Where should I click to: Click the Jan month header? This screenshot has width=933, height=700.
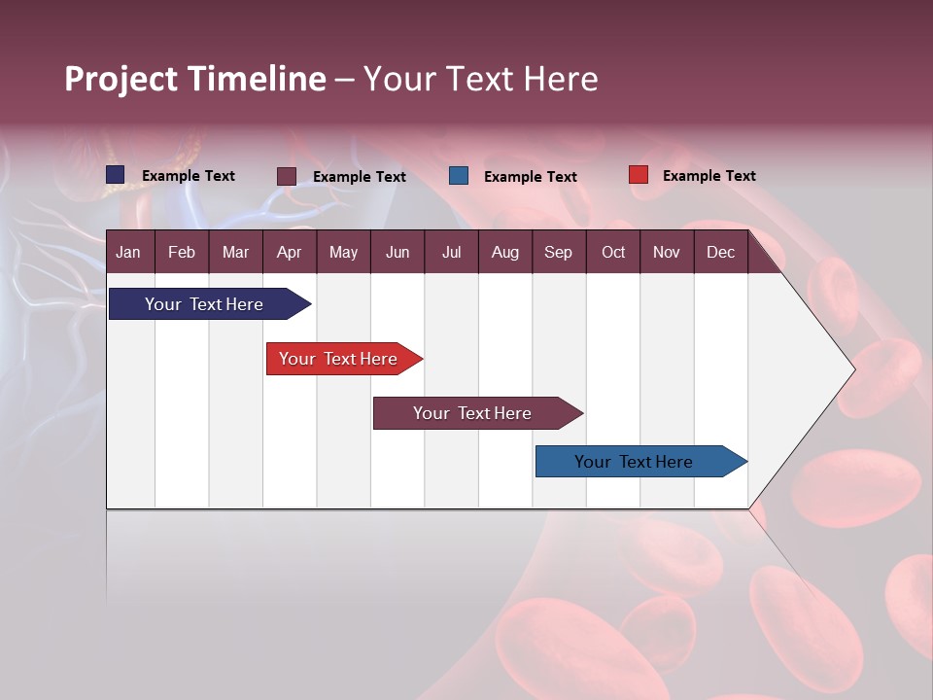[x=129, y=252]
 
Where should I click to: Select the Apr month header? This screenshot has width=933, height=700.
[x=289, y=252]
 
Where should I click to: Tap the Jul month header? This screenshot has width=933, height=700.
[x=451, y=252]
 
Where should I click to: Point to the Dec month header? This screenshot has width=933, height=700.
[x=720, y=252]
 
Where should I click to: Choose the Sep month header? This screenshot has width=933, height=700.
[x=558, y=252]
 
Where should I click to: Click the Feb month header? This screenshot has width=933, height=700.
[x=182, y=252]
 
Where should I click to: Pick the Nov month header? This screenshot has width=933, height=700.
[x=666, y=252]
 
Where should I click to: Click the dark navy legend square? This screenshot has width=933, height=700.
[x=116, y=175]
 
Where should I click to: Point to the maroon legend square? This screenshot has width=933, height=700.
[x=287, y=176]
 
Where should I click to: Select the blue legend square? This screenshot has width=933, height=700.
[x=459, y=176]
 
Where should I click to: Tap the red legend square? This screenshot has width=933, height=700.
[x=638, y=175]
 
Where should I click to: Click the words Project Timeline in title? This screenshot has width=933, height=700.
[x=194, y=79]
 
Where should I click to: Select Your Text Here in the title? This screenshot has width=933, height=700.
[x=481, y=79]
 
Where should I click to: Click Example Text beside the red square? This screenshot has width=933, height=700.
[x=708, y=176]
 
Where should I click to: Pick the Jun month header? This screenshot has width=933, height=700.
[x=397, y=252]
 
